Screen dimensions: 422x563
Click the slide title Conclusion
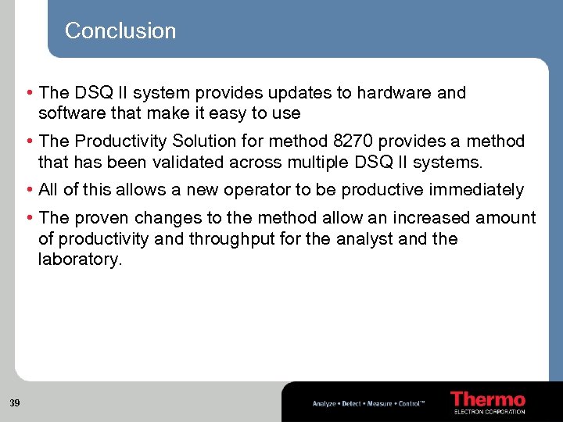120,30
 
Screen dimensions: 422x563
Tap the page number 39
15,403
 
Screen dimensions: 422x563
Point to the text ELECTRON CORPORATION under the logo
489,411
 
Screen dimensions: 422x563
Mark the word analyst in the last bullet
365,239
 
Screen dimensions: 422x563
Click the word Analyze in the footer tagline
325,404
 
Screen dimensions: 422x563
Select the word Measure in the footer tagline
380,404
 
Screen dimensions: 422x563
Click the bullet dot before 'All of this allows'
30,190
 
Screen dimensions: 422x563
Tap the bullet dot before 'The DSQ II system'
30,93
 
